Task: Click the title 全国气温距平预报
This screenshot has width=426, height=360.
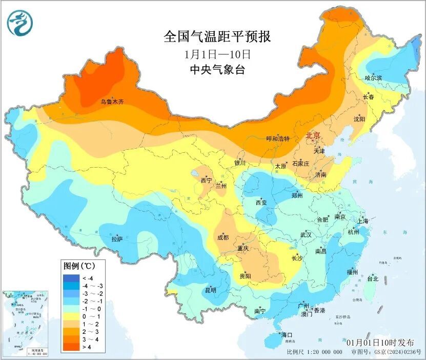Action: click(x=217, y=36)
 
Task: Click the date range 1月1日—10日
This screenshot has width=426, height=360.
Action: click(x=217, y=53)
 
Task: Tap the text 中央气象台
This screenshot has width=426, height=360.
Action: click(x=217, y=70)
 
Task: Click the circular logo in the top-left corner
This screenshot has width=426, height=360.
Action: click(x=19, y=23)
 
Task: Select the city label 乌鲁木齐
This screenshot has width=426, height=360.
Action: click(x=112, y=102)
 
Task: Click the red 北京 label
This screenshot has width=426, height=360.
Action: click(x=313, y=135)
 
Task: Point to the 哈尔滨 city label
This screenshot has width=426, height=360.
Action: click(x=373, y=78)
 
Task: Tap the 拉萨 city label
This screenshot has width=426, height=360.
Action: click(x=117, y=238)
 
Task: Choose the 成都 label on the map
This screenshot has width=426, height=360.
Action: click(x=222, y=237)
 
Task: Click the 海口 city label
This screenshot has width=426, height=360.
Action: click(x=286, y=335)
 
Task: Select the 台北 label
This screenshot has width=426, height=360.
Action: click(x=373, y=279)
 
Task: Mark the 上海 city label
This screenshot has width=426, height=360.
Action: click(x=363, y=221)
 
